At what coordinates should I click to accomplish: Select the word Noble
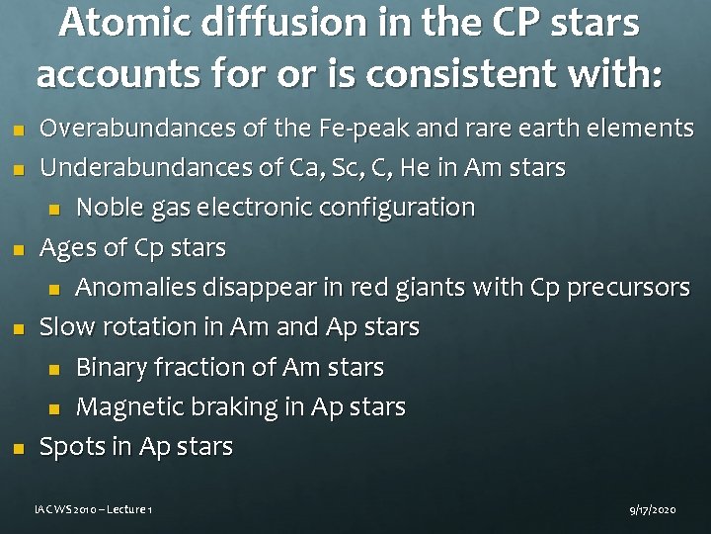click(x=113, y=208)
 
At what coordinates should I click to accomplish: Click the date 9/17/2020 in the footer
click(x=653, y=509)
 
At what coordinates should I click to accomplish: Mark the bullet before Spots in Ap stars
click(x=13, y=448)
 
